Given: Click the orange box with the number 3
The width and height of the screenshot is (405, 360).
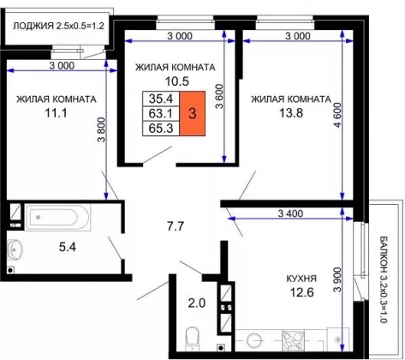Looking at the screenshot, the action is click(192, 113).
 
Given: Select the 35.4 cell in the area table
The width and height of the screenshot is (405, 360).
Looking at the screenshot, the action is click(161, 99).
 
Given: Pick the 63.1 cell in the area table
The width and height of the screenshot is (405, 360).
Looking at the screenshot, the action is click(161, 114).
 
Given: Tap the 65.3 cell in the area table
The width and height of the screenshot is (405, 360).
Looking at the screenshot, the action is click(161, 129).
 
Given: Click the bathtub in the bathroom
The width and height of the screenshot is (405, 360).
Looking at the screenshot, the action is click(57, 217).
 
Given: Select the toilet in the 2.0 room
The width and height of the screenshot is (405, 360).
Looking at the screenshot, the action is click(193, 339).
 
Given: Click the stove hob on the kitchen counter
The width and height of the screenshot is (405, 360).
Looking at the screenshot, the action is click(293, 340).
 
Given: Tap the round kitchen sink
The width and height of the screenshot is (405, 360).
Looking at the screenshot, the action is click(254, 341).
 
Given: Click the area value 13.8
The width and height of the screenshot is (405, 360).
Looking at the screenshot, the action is click(291, 113).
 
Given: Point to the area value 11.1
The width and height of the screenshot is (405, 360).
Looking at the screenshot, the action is click(57, 113).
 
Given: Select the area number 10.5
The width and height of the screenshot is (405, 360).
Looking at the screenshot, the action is click(177, 81).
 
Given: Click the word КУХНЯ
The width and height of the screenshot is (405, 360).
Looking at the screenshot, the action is click(301, 279).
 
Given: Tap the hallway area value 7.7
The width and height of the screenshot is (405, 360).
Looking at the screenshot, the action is click(176, 226).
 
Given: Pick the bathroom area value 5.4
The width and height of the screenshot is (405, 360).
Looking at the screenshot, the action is click(68, 247).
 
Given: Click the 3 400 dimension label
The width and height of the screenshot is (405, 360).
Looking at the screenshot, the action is click(290, 213).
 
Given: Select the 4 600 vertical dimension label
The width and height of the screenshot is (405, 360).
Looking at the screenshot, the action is click(337, 115).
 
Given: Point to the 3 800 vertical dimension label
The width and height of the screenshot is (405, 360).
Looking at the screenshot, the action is click(101, 129).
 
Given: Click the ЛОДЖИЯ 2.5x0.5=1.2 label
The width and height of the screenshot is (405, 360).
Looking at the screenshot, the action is click(58, 26).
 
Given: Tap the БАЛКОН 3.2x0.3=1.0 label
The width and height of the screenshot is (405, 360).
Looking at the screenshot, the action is click(384, 279).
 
